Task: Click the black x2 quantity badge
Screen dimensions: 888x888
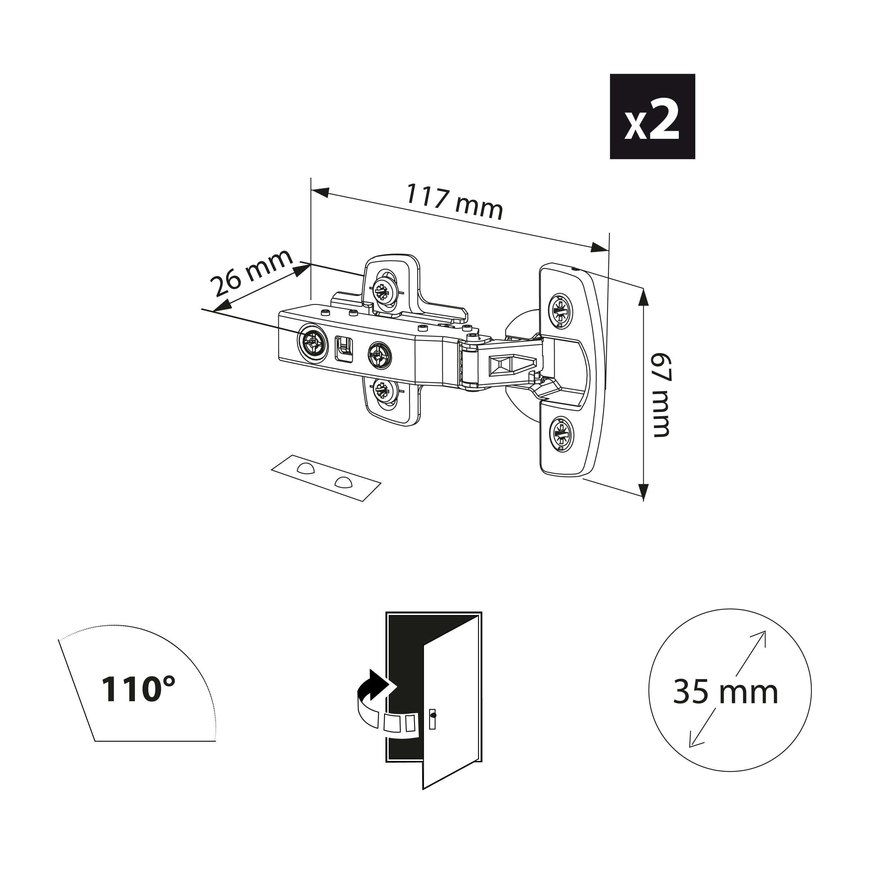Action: pos(652,116)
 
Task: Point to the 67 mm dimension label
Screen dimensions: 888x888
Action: pos(662,394)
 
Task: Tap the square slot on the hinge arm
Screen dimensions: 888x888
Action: pos(345,348)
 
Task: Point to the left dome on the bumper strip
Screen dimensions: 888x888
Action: pos(305,469)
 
